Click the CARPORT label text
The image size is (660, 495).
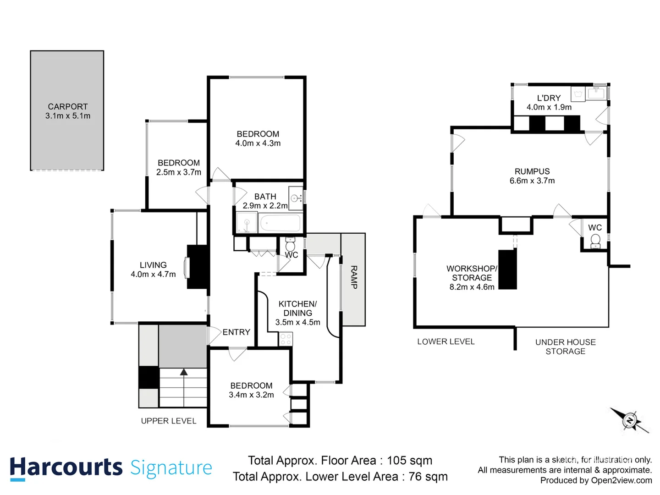point(68,106)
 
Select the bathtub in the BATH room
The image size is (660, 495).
point(280,224)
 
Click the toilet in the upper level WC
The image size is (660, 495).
point(290,244)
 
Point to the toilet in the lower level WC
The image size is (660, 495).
point(595,240)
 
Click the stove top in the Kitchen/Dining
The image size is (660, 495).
point(286,339)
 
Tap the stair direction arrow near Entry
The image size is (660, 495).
point(184,373)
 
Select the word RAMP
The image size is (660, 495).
point(353,277)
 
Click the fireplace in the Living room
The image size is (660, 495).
point(197,267)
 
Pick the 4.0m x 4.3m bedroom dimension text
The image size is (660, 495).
point(258,143)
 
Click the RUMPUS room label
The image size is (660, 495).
point(532,171)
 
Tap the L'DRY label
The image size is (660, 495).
point(549,98)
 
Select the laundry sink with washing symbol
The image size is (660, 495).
point(577,94)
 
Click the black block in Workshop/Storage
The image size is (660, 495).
point(507,269)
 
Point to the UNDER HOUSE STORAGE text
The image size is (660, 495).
point(565,346)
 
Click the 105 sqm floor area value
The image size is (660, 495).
point(409,460)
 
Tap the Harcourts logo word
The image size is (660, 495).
point(66,468)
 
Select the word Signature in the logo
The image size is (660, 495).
point(171,468)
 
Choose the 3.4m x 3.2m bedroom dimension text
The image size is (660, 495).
point(251,395)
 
